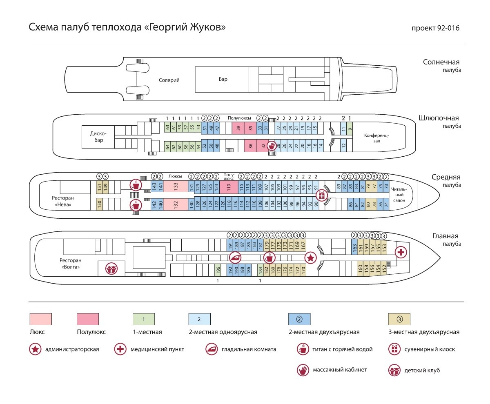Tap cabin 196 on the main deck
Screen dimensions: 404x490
218,270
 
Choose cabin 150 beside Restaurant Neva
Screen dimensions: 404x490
99,204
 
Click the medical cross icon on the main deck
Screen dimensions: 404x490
401,253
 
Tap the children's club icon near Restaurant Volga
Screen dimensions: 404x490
111,269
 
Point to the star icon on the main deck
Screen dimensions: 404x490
311,257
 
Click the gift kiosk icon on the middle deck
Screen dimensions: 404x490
322,195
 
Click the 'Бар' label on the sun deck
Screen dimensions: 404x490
223,79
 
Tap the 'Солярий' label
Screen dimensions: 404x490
169,80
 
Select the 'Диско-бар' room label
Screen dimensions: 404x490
98,137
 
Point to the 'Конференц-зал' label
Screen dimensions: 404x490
376,138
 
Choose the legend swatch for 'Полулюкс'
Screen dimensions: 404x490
88,318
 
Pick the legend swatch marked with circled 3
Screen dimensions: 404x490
399,318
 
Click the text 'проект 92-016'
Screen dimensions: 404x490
436,28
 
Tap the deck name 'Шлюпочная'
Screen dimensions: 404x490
439,118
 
